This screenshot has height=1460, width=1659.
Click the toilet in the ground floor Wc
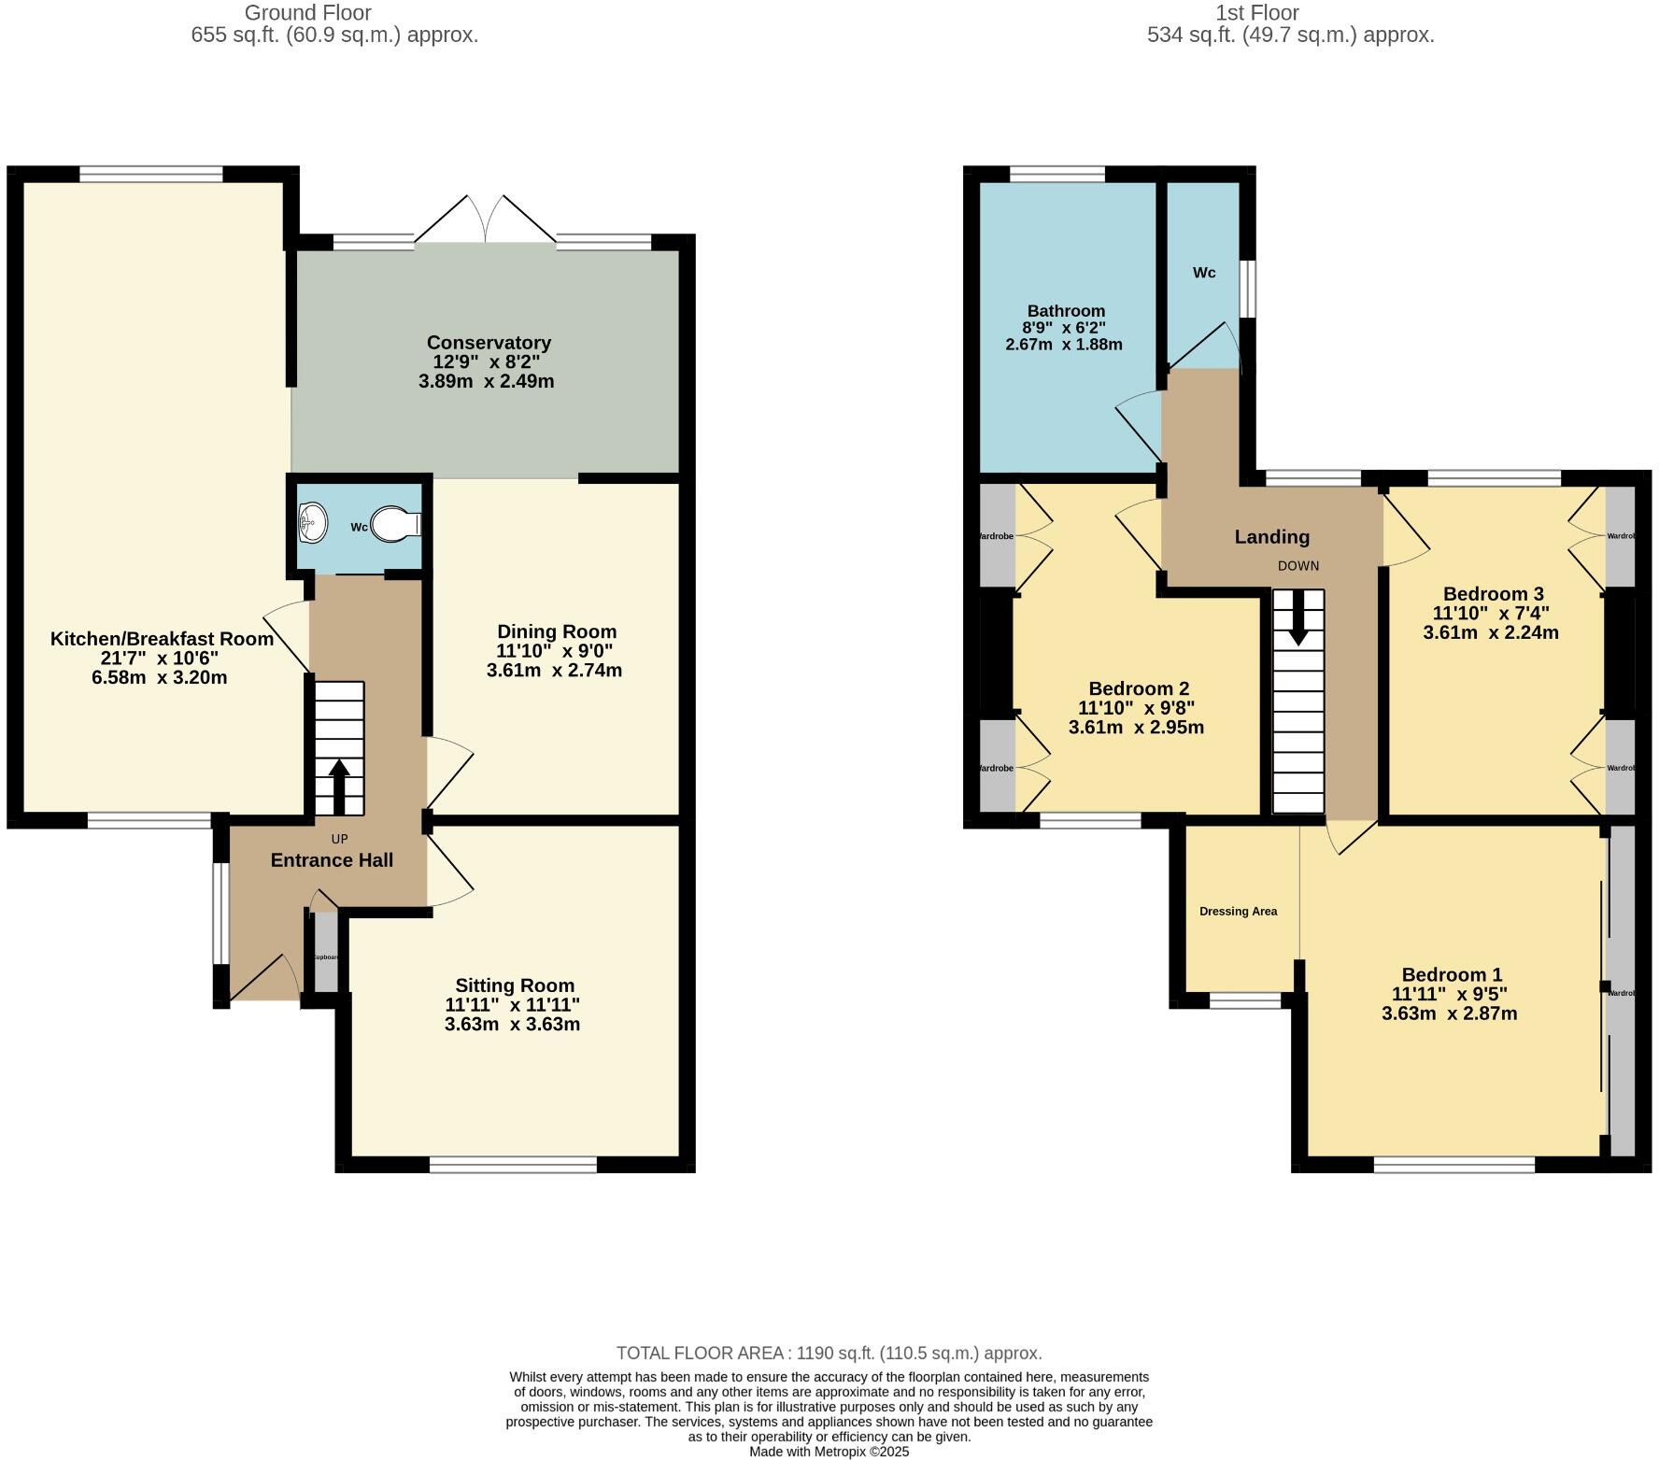[x=396, y=525]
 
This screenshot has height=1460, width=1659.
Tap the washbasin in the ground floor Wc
[x=312, y=522]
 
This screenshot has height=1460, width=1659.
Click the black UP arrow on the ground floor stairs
[x=338, y=787]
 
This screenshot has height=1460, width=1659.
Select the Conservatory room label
[x=489, y=343]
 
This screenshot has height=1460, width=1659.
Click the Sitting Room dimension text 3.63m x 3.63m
[x=512, y=1024]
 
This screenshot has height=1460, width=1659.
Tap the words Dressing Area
[x=1238, y=912]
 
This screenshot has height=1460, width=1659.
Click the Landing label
[x=1271, y=537]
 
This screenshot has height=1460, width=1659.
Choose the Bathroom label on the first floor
[x=1066, y=311]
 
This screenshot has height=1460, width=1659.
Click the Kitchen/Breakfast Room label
[x=162, y=639]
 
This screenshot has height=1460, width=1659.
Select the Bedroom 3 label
[x=1493, y=594]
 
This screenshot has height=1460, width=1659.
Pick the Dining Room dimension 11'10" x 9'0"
[x=555, y=651]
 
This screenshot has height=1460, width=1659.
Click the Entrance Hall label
[x=332, y=860]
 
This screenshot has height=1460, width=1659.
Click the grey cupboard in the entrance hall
[x=325, y=951]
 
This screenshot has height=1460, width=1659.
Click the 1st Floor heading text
[x=1256, y=13]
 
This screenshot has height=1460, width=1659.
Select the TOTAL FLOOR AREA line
[x=829, y=1353]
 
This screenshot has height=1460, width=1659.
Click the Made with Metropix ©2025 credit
[x=829, y=1452]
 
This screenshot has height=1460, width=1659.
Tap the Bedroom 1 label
[x=1451, y=974]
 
